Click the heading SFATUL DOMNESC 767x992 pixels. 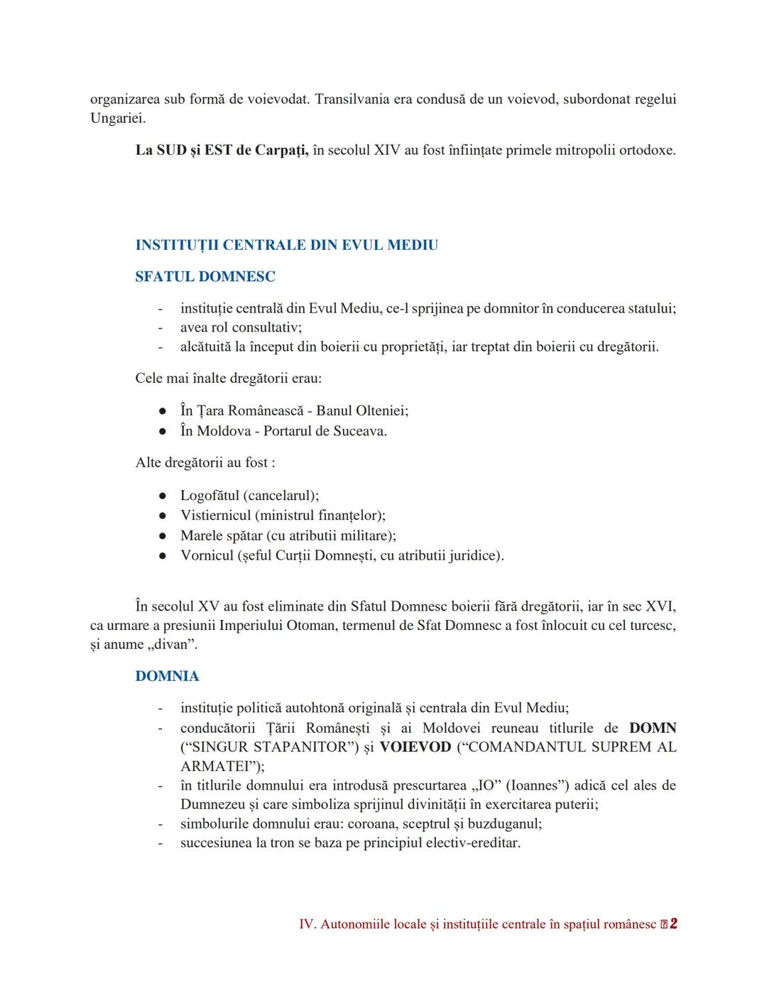click(205, 276)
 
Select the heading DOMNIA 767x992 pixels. click(167, 676)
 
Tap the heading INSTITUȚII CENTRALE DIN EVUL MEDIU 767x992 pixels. click(286, 245)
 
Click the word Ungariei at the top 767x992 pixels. click(117, 118)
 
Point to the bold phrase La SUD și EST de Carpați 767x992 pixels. click(222, 151)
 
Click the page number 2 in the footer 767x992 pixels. click(673, 924)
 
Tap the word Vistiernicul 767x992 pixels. click(215, 516)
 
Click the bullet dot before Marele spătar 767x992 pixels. click(163, 536)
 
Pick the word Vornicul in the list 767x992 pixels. click(207, 555)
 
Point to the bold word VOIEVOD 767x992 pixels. click(415, 747)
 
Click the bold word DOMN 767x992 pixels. click(653, 728)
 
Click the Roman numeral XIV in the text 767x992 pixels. click(387, 151)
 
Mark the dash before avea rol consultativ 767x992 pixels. click(161, 327)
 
